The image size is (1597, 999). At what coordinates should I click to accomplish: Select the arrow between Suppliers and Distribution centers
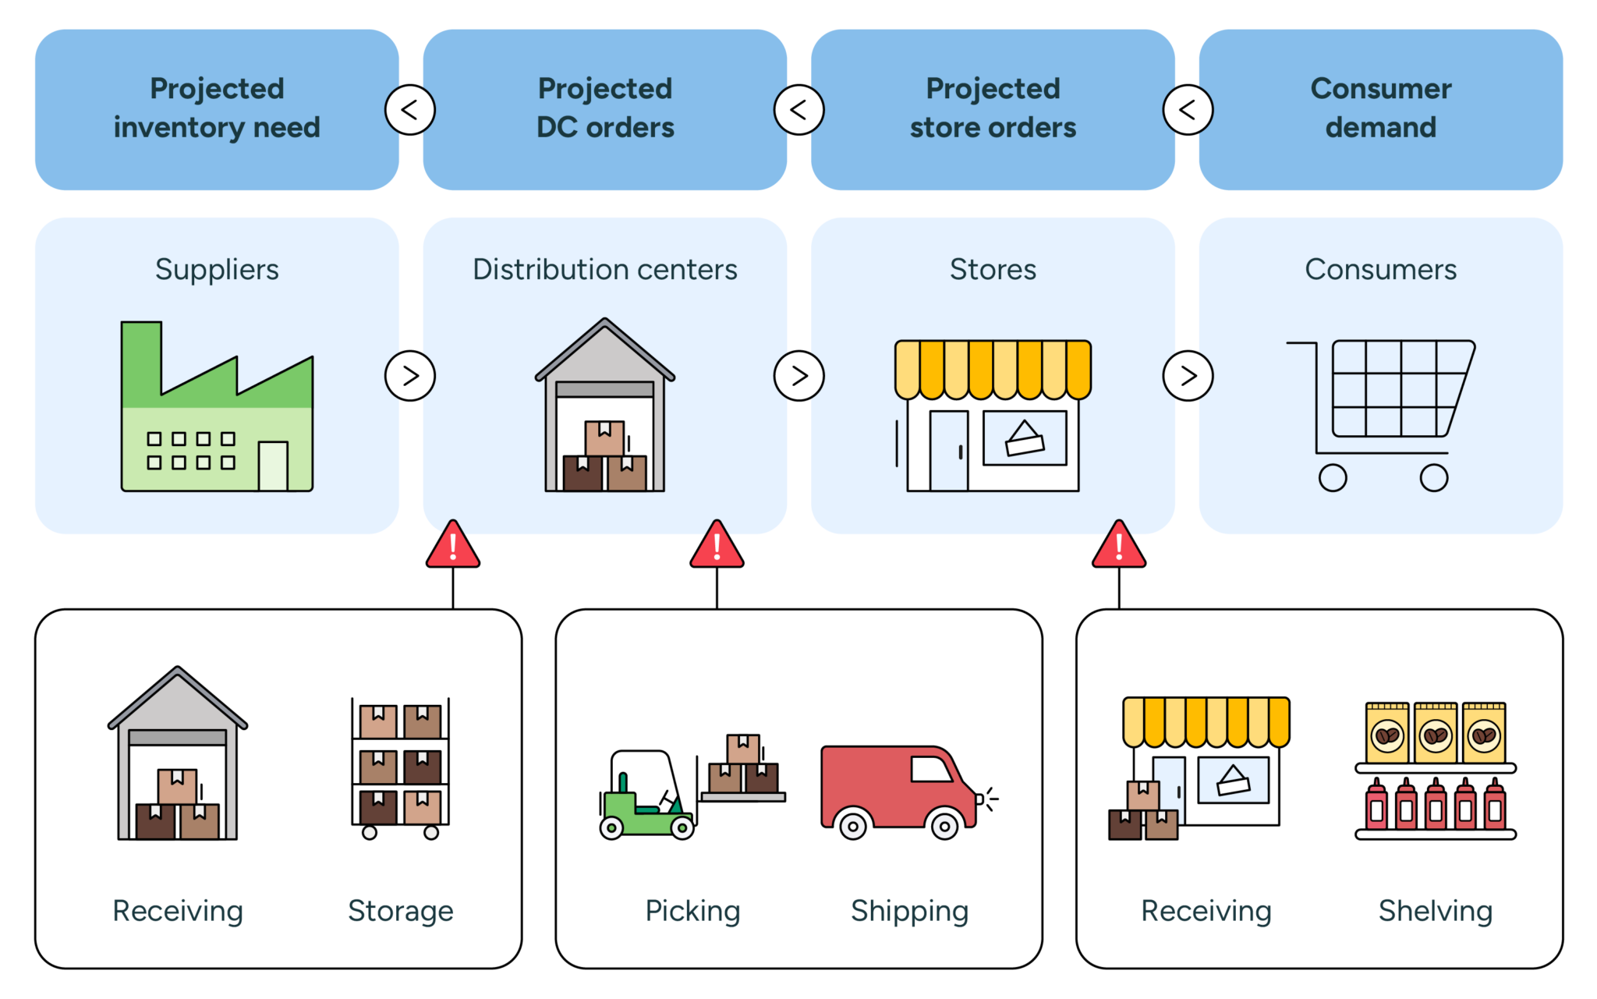click(x=410, y=376)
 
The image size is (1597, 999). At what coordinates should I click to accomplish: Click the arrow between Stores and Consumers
click(x=1188, y=376)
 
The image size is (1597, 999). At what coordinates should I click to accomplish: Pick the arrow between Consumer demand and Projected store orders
click(x=1188, y=110)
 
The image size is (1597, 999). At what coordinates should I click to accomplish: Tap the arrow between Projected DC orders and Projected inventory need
click(x=410, y=110)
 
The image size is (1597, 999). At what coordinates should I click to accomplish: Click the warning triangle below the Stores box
click(x=1119, y=545)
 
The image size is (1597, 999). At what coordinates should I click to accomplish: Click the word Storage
click(x=400, y=911)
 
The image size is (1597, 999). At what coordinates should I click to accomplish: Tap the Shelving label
click(x=1435, y=911)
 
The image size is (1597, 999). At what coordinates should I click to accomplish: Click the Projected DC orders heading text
click(x=605, y=108)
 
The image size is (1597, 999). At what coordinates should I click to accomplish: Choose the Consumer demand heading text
click(x=1380, y=108)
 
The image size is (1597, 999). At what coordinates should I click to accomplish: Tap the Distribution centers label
click(x=605, y=269)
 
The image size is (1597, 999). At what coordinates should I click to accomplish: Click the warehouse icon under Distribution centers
click(x=605, y=406)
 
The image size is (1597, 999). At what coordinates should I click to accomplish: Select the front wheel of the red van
click(x=944, y=825)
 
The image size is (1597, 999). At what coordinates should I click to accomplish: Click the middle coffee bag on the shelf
click(x=1436, y=733)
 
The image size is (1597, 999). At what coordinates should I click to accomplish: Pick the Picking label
click(x=692, y=911)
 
